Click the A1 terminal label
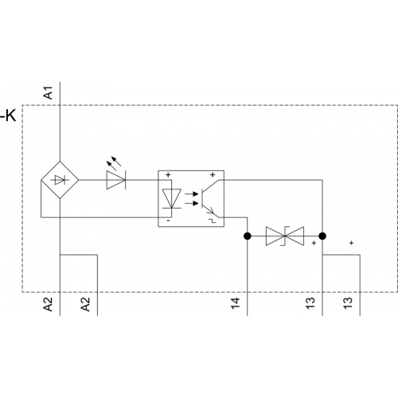[49, 92]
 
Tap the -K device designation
[8, 115]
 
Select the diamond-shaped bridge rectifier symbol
[60, 180]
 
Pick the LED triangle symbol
[116, 180]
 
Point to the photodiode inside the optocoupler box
[172, 198]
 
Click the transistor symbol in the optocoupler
[209, 198]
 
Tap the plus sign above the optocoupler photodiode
[168, 175]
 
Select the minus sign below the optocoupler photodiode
[168, 220]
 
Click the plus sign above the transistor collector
[213, 175]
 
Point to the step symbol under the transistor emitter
[213, 220]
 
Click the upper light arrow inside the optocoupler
[192, 194]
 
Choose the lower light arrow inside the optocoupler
[192, 204]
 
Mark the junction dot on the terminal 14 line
[248, 236]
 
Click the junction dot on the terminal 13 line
[322, 236]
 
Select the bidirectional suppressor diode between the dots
[285, 236]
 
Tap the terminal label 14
[236, 303]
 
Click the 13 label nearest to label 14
[310, 303]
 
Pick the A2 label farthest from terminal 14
[48, 304]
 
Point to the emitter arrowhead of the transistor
[212, 211]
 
